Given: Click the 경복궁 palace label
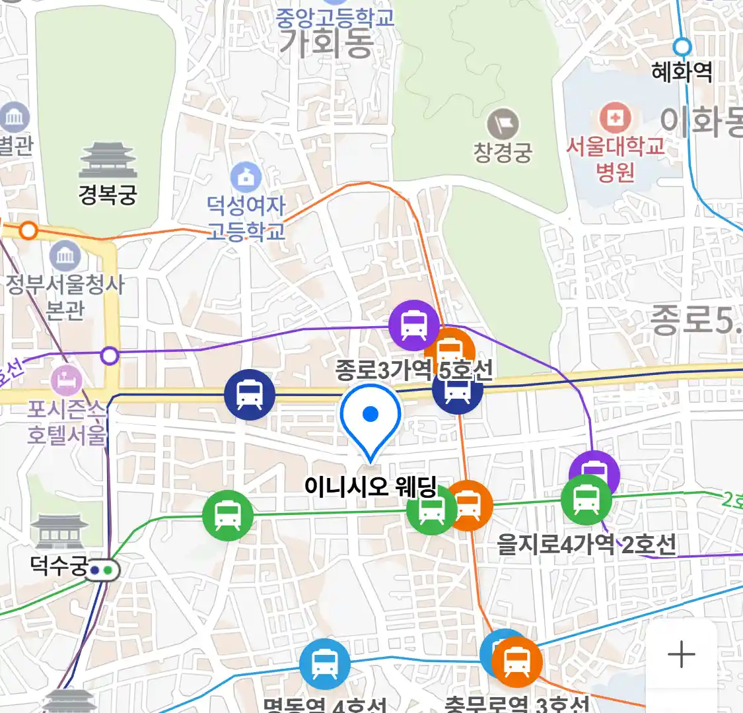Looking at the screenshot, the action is pyautogui.click(x=108, y=194).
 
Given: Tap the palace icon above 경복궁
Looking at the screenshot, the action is pyautogui.click(x=108, y=160).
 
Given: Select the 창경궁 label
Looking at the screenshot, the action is pyautogui.click(x=503, y=153).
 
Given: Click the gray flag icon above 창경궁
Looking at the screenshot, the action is pyautogui.click(x=503, y=123).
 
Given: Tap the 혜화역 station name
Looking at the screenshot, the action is pyautogui.click(x=682, y=71).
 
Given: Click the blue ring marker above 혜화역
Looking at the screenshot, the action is pyautogui.click(x=682, y=47).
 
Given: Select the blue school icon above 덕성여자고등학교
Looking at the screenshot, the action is pyautogui.click(x=246, y=177).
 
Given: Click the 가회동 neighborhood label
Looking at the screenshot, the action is pyautogui.click(x=326, y=43).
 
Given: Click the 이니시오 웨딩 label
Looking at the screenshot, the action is pyautogui.click(x=371, y=487).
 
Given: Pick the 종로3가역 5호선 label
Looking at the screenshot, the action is pyautogui.click(x=413, y=370).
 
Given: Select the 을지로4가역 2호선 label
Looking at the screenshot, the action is pyautogui.click(x=586, y=545).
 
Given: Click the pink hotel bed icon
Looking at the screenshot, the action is pyautogui.click(x=67, y=381).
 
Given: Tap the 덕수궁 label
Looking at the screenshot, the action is pyautogui.click(x=59, y=565).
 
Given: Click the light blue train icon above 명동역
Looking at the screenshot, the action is pyautogui.click(x=324, y=663).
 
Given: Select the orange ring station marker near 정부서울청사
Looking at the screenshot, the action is pyautogui.click(x=28, y=230).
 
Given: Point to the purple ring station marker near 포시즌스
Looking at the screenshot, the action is pyautogui.click(x=110, y=356).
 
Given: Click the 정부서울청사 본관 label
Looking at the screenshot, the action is pyautogui.click(x=65, y=296).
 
